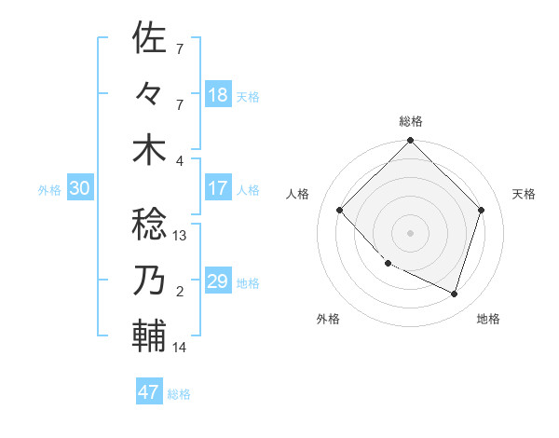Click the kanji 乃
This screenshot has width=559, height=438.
[x=149, y=280]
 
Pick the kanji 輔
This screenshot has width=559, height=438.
[x=149, y=334]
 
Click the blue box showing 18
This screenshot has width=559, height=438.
[x=218, y=94]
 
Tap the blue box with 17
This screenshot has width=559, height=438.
[x=218, y=188]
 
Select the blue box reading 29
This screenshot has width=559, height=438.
[x=218, y=281]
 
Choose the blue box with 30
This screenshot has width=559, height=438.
[x=80, y=188]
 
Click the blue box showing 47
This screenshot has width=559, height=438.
[x=149, y=392]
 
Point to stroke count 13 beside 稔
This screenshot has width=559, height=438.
[x=181, y=236]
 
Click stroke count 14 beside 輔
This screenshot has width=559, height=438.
[x=180, y=348]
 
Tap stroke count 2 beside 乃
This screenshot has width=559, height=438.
[x=180, y=292]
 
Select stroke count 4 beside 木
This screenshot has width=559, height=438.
[x=180, y=161]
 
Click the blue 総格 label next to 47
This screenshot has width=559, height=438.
[x=179, y=394]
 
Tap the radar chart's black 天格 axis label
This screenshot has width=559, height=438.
[x=525, y=194]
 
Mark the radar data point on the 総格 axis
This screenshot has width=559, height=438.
[x=410, y=142]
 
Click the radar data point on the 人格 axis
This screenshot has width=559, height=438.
[x=340, y=211]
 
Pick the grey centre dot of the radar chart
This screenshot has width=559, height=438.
[x=410, y=232]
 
